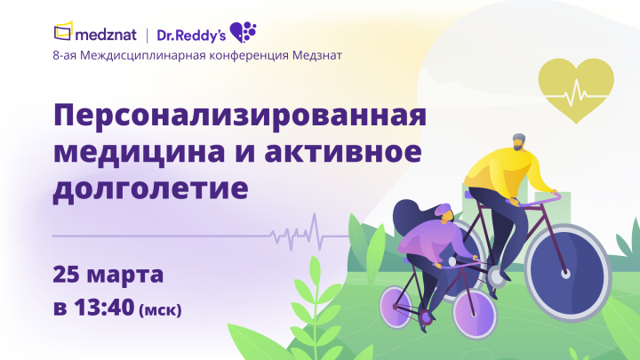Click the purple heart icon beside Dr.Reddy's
[242, 33]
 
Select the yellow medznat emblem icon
[63, 34]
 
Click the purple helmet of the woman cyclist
[443, 214]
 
